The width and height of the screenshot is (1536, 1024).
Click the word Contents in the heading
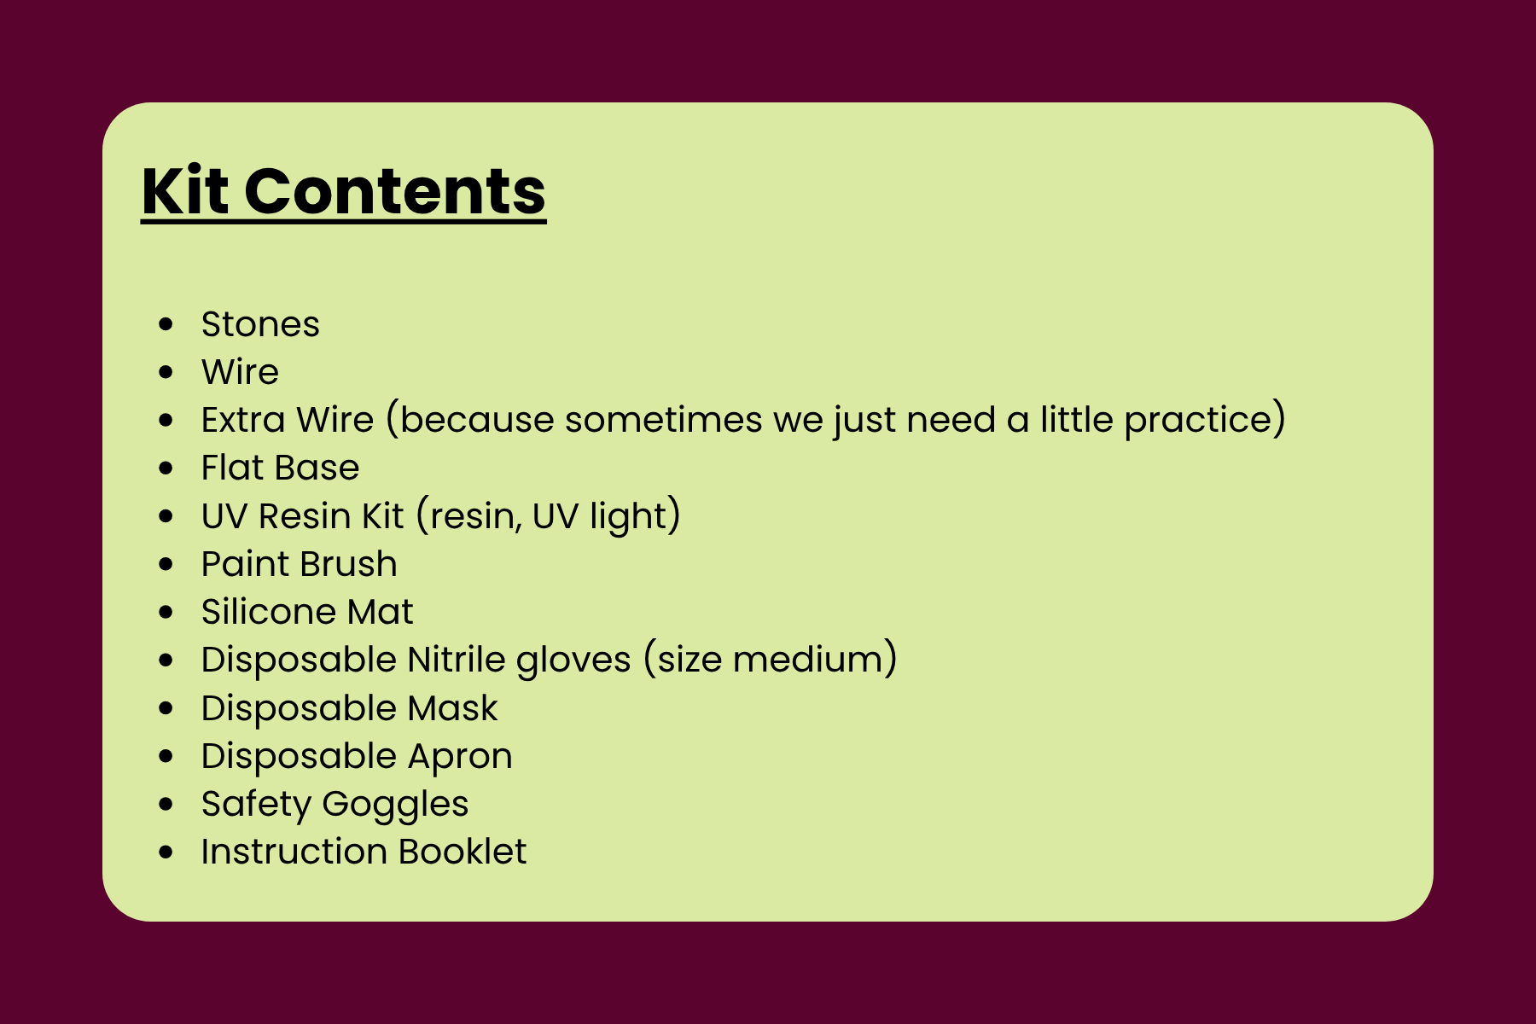395,190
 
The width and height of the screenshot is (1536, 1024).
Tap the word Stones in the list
260,324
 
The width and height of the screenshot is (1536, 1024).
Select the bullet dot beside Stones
166,324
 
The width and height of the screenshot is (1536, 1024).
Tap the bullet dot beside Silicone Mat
166,612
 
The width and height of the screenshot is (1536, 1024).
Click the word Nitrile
457,660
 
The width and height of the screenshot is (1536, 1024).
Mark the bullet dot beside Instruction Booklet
166,852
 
